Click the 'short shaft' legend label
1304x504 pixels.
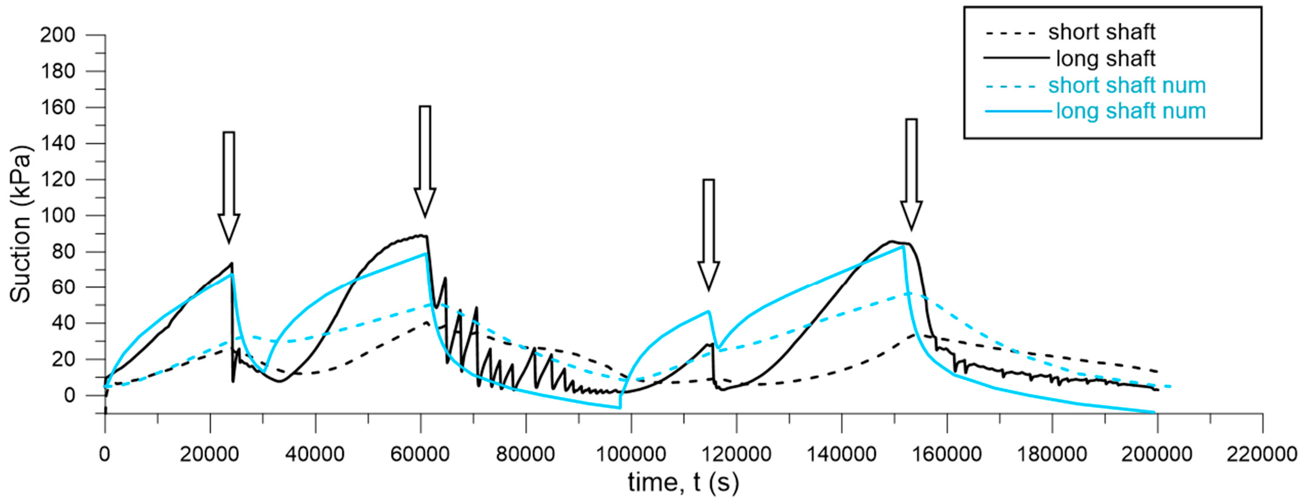(x=1101, y=32)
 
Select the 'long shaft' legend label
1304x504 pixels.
(x=1106, y=59)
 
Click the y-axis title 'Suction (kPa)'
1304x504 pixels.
(x=20, y=224)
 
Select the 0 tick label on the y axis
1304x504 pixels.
(x=69, y=395)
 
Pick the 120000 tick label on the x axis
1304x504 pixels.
(x=735, y=454)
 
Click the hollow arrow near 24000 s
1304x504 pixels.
(x=229, y=187)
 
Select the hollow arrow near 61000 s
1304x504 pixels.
(x=425, y=161)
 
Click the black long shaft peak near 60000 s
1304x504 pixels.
(x=422, y=235)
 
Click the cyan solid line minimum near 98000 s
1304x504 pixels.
(x=619, y=407)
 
